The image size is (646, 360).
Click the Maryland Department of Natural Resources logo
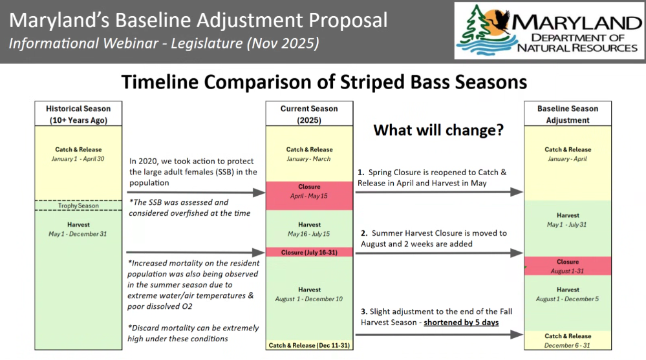[550, 30]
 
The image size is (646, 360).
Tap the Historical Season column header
[78, 114]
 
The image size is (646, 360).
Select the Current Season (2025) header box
[309, 114]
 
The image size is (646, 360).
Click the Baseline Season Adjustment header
[568, 114]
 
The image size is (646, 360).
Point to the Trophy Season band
[78, 206]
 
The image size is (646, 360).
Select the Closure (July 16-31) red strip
[309, 252]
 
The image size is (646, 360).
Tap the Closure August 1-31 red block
[568, 266]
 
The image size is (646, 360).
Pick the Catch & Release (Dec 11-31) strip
[309, 345]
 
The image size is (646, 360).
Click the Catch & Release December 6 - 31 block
[568, 341]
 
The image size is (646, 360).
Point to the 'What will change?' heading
[438, 130]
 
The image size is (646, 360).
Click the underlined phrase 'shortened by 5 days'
[461, 323]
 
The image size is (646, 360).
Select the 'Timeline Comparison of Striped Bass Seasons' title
[324, 82]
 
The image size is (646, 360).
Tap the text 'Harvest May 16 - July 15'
[309, 229]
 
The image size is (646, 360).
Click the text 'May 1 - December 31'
[78, 234]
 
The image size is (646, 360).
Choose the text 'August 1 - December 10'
[309, 299]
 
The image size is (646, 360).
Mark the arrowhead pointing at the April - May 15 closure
[259, 193]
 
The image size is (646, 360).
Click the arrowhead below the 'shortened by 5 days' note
[517, 334]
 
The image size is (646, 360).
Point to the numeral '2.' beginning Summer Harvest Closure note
[364, 233]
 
